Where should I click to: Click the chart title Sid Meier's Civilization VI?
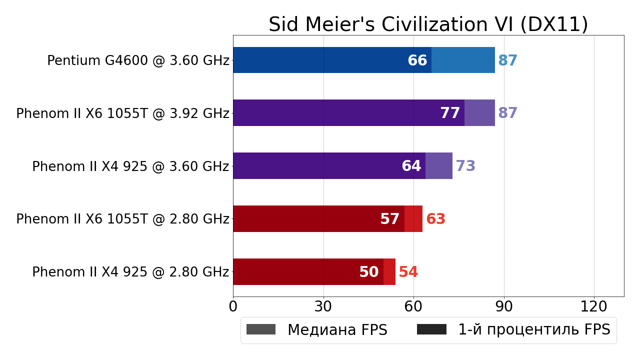tap(428, 24)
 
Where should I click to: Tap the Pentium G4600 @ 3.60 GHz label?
tap(138, 61)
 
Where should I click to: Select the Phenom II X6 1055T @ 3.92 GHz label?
tap(122, 114)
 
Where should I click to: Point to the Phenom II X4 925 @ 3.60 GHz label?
tap(130, 167)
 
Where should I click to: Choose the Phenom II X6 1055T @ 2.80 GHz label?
tap(122, 219)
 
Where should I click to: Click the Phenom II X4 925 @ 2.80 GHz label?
tap(130, 272)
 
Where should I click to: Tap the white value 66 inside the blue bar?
tap(417, 61)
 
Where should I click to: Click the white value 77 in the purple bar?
tap(450, 113)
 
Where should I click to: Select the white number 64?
tap(411, 166)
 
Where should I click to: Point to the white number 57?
tap(390, 219)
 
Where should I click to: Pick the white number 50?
tap(369, 272)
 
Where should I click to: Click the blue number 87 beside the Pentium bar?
tap(508, 61)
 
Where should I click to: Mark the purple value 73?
tap(465, 166)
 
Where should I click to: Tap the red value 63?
tap(436, 219)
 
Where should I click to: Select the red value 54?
tap(408, 272)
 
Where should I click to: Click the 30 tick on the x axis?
tap(323, 307)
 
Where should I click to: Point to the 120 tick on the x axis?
tap(594, 307)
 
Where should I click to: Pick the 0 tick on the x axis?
tap(233, 307)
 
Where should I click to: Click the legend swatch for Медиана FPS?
tap(261, 329)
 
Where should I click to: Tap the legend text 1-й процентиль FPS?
tap(534, 330)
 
